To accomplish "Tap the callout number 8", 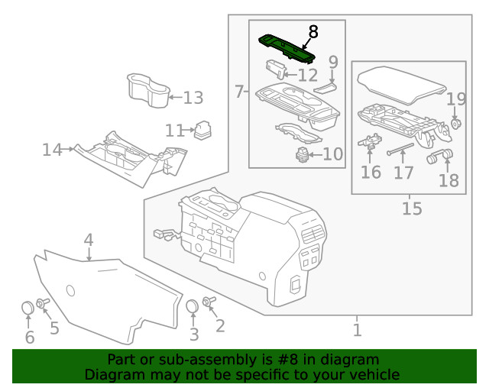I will point(313,32).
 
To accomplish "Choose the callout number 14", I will point(52,150).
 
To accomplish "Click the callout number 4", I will point(89,241).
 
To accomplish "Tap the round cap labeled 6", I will point(28,309).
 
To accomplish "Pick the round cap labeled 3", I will point(193,307).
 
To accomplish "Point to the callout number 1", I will point(357,330).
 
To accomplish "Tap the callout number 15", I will point(412,208).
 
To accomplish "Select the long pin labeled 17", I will point(401,148).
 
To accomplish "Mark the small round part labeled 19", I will point(455,124).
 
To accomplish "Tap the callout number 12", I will point(307,75).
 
